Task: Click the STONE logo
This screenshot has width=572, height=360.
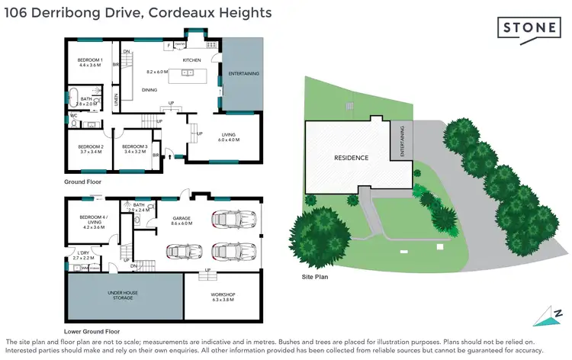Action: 529,28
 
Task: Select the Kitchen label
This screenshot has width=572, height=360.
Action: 191,59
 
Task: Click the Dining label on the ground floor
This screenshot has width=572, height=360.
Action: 149,90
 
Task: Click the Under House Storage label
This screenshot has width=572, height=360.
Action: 124,294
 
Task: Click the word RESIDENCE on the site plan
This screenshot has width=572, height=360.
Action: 352,158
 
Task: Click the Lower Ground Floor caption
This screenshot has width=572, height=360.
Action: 92,332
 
